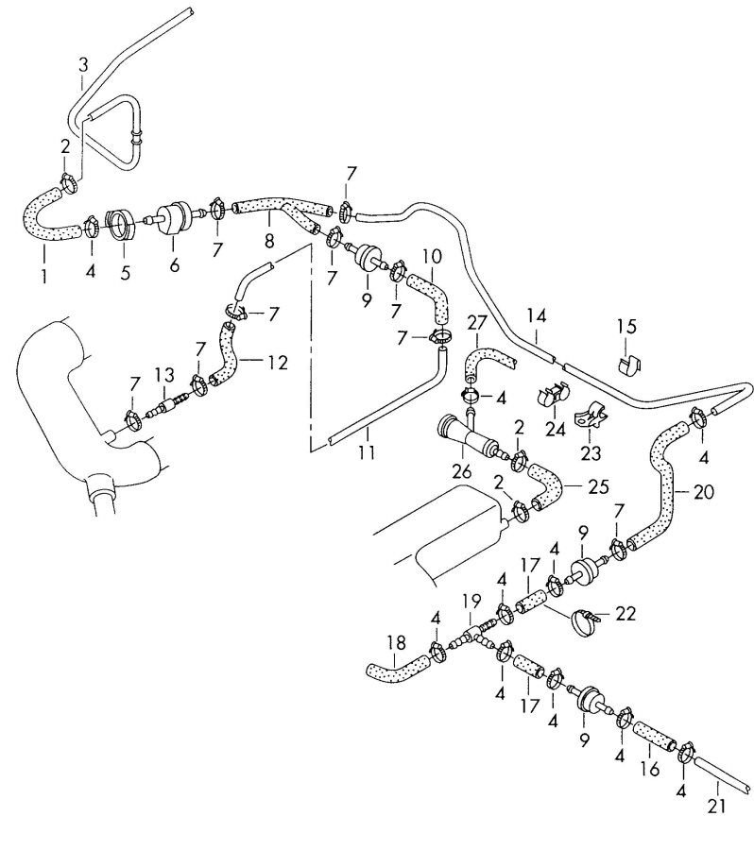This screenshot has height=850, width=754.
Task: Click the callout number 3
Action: point(83,64)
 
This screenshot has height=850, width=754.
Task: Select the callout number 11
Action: point(367,453)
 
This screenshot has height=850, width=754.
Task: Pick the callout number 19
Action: point(469,600)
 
